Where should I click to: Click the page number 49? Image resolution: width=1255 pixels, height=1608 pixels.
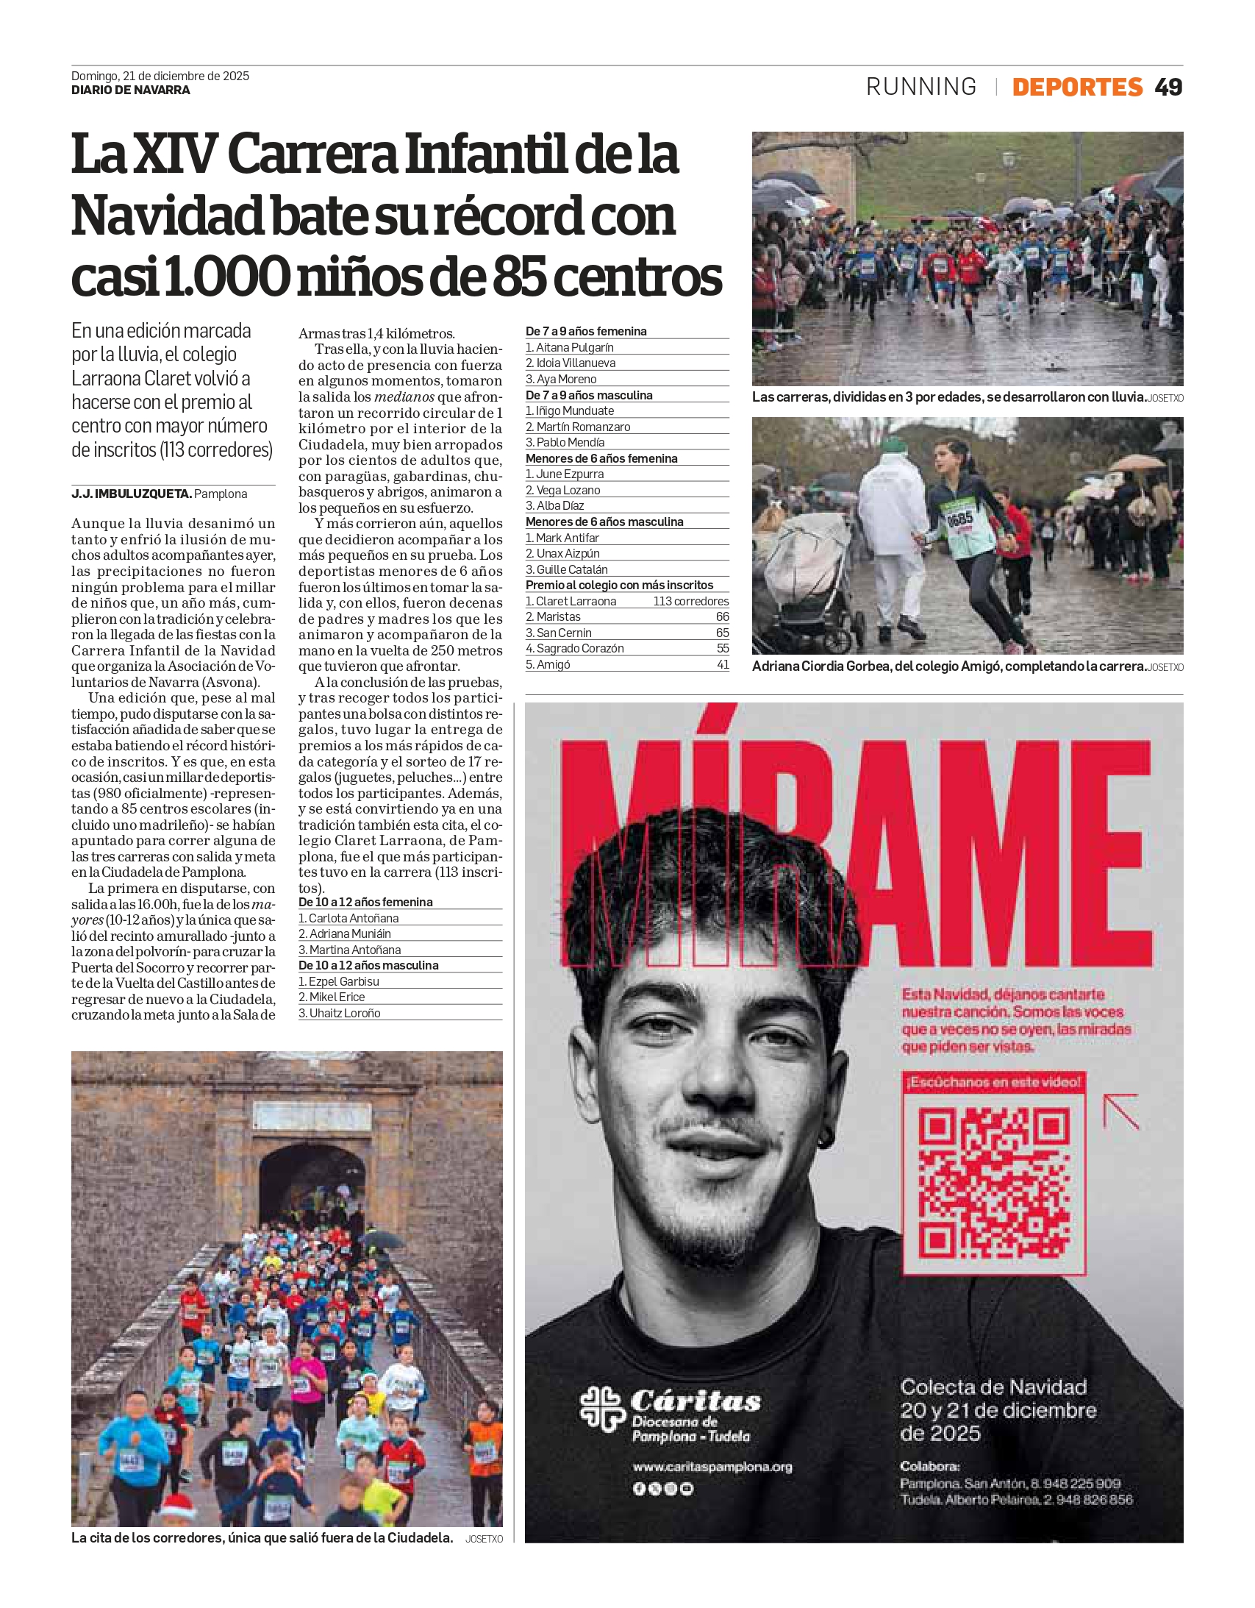[x=1168, y=87]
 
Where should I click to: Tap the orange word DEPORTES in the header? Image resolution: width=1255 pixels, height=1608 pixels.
[x=1077, y=87]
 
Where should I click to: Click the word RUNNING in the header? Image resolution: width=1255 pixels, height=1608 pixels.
[x=920, y=87]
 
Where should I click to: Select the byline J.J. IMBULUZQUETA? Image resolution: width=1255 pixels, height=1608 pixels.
[x=132, y=494]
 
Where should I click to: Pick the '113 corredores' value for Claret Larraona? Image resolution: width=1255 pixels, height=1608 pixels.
[x=690, y=602]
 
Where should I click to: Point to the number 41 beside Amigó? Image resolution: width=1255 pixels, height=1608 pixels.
[x=723, y=665]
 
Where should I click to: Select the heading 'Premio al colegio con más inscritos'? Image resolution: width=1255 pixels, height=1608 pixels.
[x=619, y=586]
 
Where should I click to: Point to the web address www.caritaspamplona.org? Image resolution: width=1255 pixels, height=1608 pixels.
[x=712, y=1467]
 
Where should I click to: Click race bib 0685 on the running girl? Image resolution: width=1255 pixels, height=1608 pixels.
[x=959, y=519]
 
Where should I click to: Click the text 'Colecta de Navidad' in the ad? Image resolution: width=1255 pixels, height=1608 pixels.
[x=993, y=1387]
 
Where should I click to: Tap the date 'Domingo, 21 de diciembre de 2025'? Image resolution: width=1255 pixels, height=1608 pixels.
[x=160, y=76]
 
